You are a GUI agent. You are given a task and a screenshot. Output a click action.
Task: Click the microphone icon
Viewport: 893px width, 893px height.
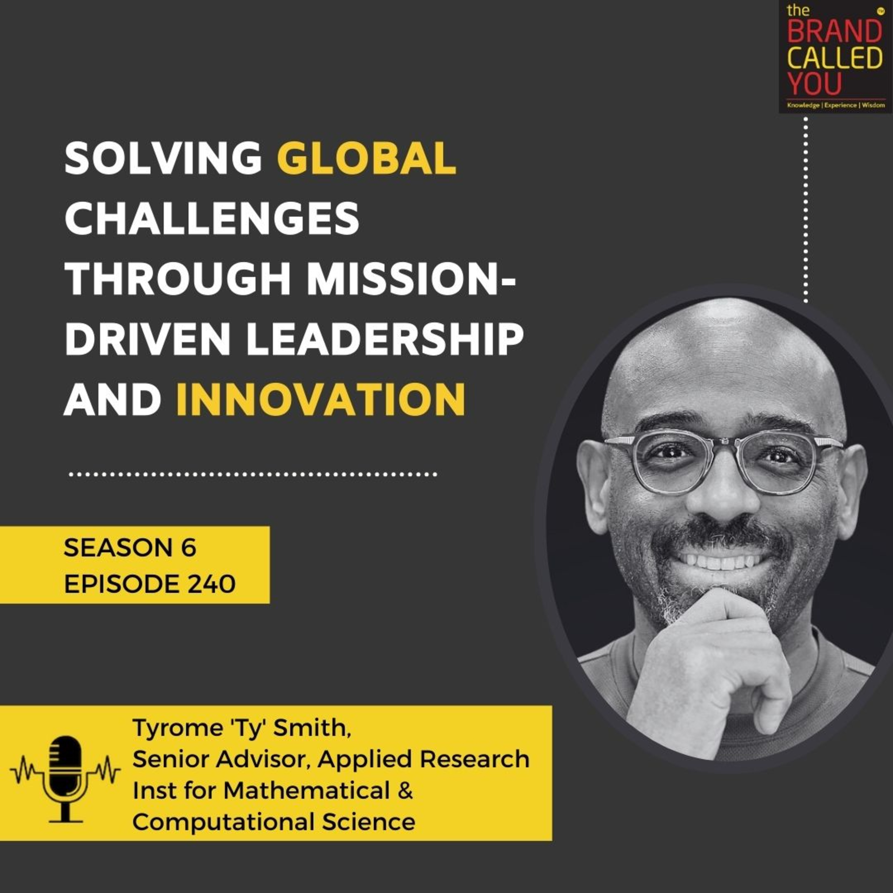point(65,782)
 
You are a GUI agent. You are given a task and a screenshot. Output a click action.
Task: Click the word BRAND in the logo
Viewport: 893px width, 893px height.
point(835,33)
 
